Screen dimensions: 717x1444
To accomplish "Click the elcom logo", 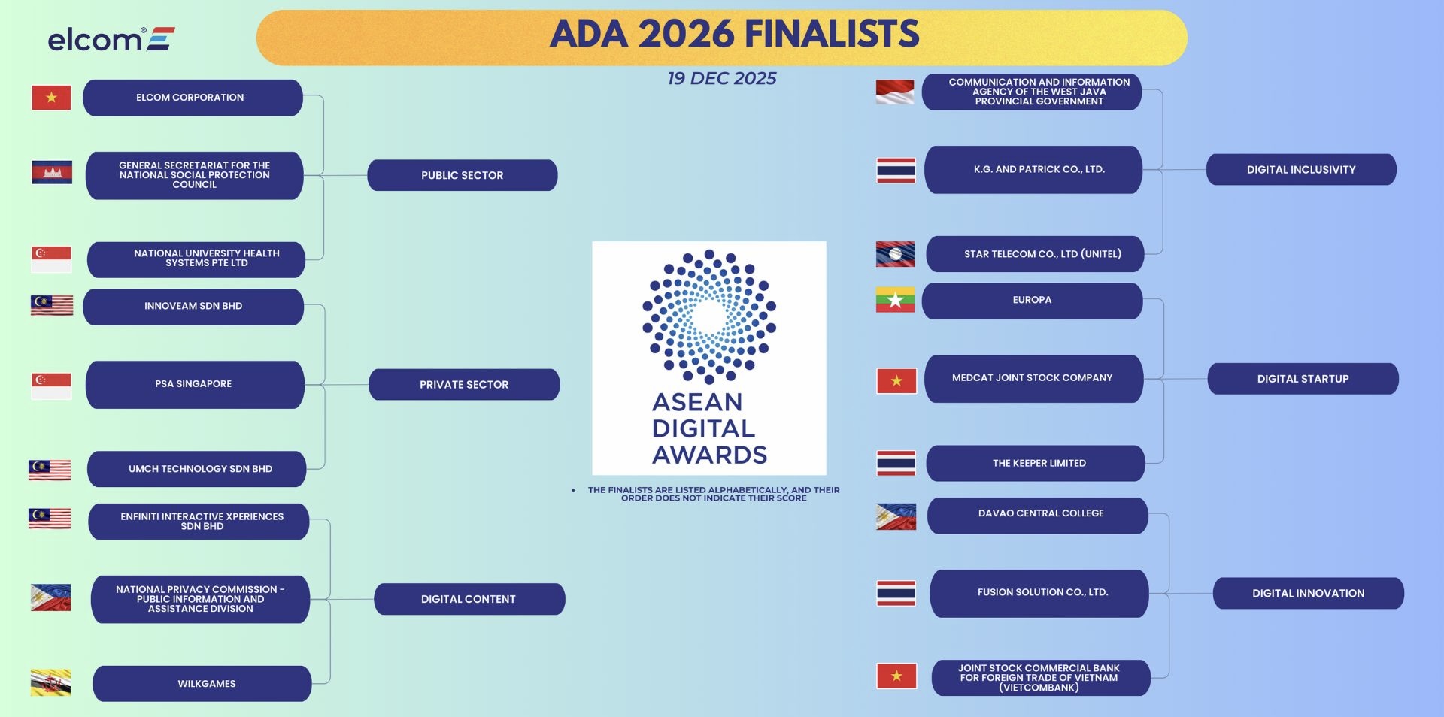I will [111, 38].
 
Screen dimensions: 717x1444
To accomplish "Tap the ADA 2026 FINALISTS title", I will [734, 35].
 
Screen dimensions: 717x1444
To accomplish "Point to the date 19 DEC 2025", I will [721, 78].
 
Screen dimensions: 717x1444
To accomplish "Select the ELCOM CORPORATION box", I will [193, 98].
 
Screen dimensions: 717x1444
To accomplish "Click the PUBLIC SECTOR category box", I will [462, 175].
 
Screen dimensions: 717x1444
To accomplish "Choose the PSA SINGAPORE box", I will [195, 384].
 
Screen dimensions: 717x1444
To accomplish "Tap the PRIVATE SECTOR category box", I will [463, 384].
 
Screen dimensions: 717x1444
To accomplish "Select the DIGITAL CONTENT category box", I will [469, 599].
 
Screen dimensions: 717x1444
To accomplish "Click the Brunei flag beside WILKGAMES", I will [51, 682].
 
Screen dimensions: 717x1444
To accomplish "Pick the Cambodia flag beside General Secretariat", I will [52, 172].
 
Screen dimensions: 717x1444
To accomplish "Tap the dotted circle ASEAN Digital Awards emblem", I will [708, 316].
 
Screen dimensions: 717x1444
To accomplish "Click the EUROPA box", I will [1032, 301].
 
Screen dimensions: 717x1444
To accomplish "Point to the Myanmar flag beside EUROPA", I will [895, 300].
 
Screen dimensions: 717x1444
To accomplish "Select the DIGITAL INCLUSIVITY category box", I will [1301, 170].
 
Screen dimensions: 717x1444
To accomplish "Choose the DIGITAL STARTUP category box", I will [1303, 379].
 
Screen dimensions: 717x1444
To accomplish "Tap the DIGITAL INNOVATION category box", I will [1308, 593].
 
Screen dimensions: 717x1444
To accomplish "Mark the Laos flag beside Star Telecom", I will [895, 254].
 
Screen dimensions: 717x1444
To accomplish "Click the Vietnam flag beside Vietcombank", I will [896, 676].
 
